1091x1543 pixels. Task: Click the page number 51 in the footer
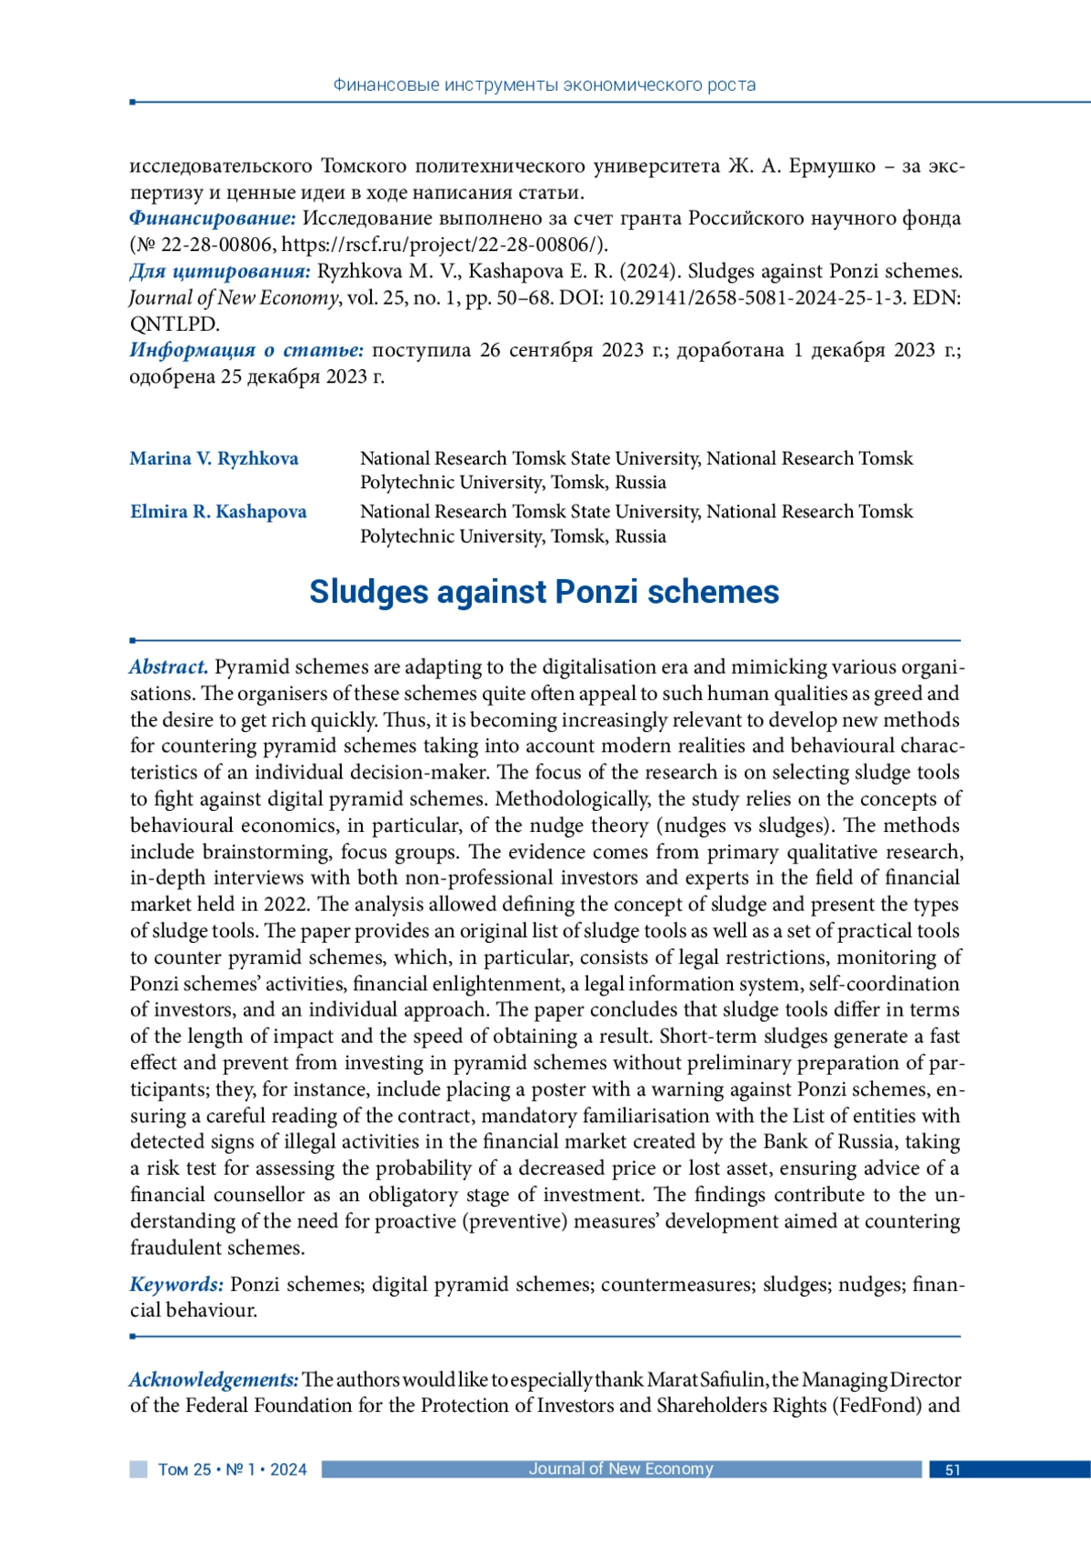[x=953, y=1469]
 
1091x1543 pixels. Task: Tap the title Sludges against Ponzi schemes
[x=544, y=592]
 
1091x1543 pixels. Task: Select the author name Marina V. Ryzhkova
[x=214, y=458]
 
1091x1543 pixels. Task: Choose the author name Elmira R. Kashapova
[x=218, y=512]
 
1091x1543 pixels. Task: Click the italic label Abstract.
[x=169, y=667]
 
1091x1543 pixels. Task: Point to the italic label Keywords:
[x=176, y=1284]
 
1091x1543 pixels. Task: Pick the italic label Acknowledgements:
[x=214, y=1379]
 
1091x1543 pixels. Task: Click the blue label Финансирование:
[x=213, y=218]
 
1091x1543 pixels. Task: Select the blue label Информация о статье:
[x=246, y=350]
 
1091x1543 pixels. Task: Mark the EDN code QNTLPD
[x=174, y=324]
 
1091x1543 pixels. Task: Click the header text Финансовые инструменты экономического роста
[x=545, y=85]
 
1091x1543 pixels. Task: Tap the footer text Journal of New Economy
[x=621, y=1468]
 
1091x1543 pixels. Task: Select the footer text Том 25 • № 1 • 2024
[x=233, y=1469]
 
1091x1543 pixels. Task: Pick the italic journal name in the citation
[x=234, y=297]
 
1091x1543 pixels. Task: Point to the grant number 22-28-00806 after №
[x=216, y=245]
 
